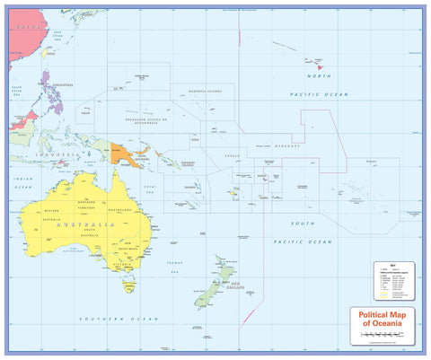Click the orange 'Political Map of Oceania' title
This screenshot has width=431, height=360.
click(x=387, y=319)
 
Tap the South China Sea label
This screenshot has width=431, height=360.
click(x=18, y=91)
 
